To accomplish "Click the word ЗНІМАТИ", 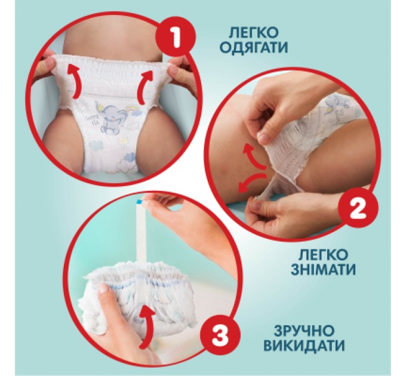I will click(324, 270).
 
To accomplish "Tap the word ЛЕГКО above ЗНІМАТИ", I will click(324, 255).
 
